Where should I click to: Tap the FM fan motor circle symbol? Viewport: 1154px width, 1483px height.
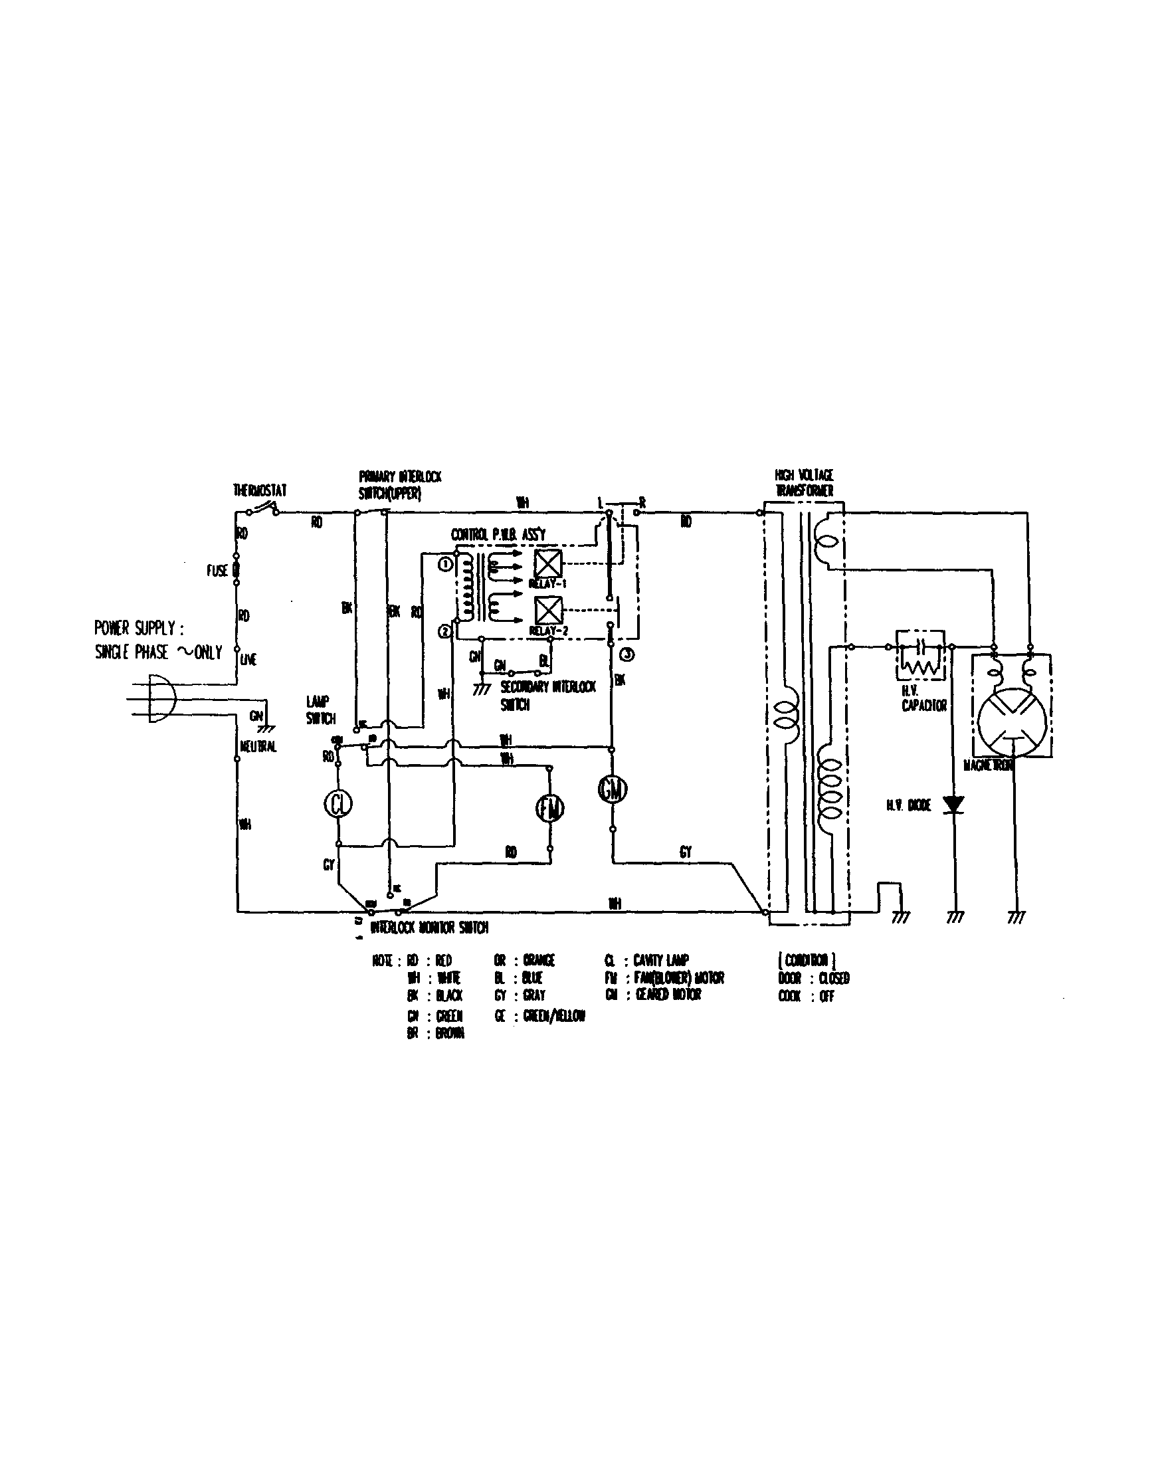tap(550, 808)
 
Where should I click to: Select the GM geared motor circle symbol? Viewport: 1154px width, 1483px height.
tap(613, 789)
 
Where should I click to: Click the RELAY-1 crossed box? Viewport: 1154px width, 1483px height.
tap(549, 563)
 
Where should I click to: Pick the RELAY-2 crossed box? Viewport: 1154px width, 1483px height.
tap(549, 611)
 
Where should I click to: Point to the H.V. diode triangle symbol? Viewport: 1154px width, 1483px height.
tap(955, 805)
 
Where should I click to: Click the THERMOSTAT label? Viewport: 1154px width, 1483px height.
tap(260, 490)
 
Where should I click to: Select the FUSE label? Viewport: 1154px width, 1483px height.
tap(217, 570)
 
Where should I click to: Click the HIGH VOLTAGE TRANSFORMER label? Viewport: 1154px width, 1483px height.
tap(805, 483)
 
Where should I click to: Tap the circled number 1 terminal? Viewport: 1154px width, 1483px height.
tap(445, 564)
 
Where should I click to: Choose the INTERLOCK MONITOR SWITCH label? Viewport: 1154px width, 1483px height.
tap(429, 928)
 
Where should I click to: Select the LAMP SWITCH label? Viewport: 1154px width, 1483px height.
tap(320, 710)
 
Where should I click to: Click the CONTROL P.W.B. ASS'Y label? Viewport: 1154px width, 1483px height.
tap(498, 535)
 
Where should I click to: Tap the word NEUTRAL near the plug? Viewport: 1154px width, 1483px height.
tap(258, 746)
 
